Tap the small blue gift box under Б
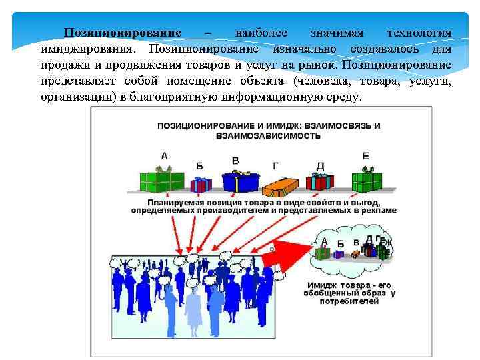[201, 184]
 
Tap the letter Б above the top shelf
[200, 165]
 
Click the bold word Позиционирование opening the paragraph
[123, 33]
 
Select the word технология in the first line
[419, 33]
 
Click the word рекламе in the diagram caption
[379, 210]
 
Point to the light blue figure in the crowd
[193, 310]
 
